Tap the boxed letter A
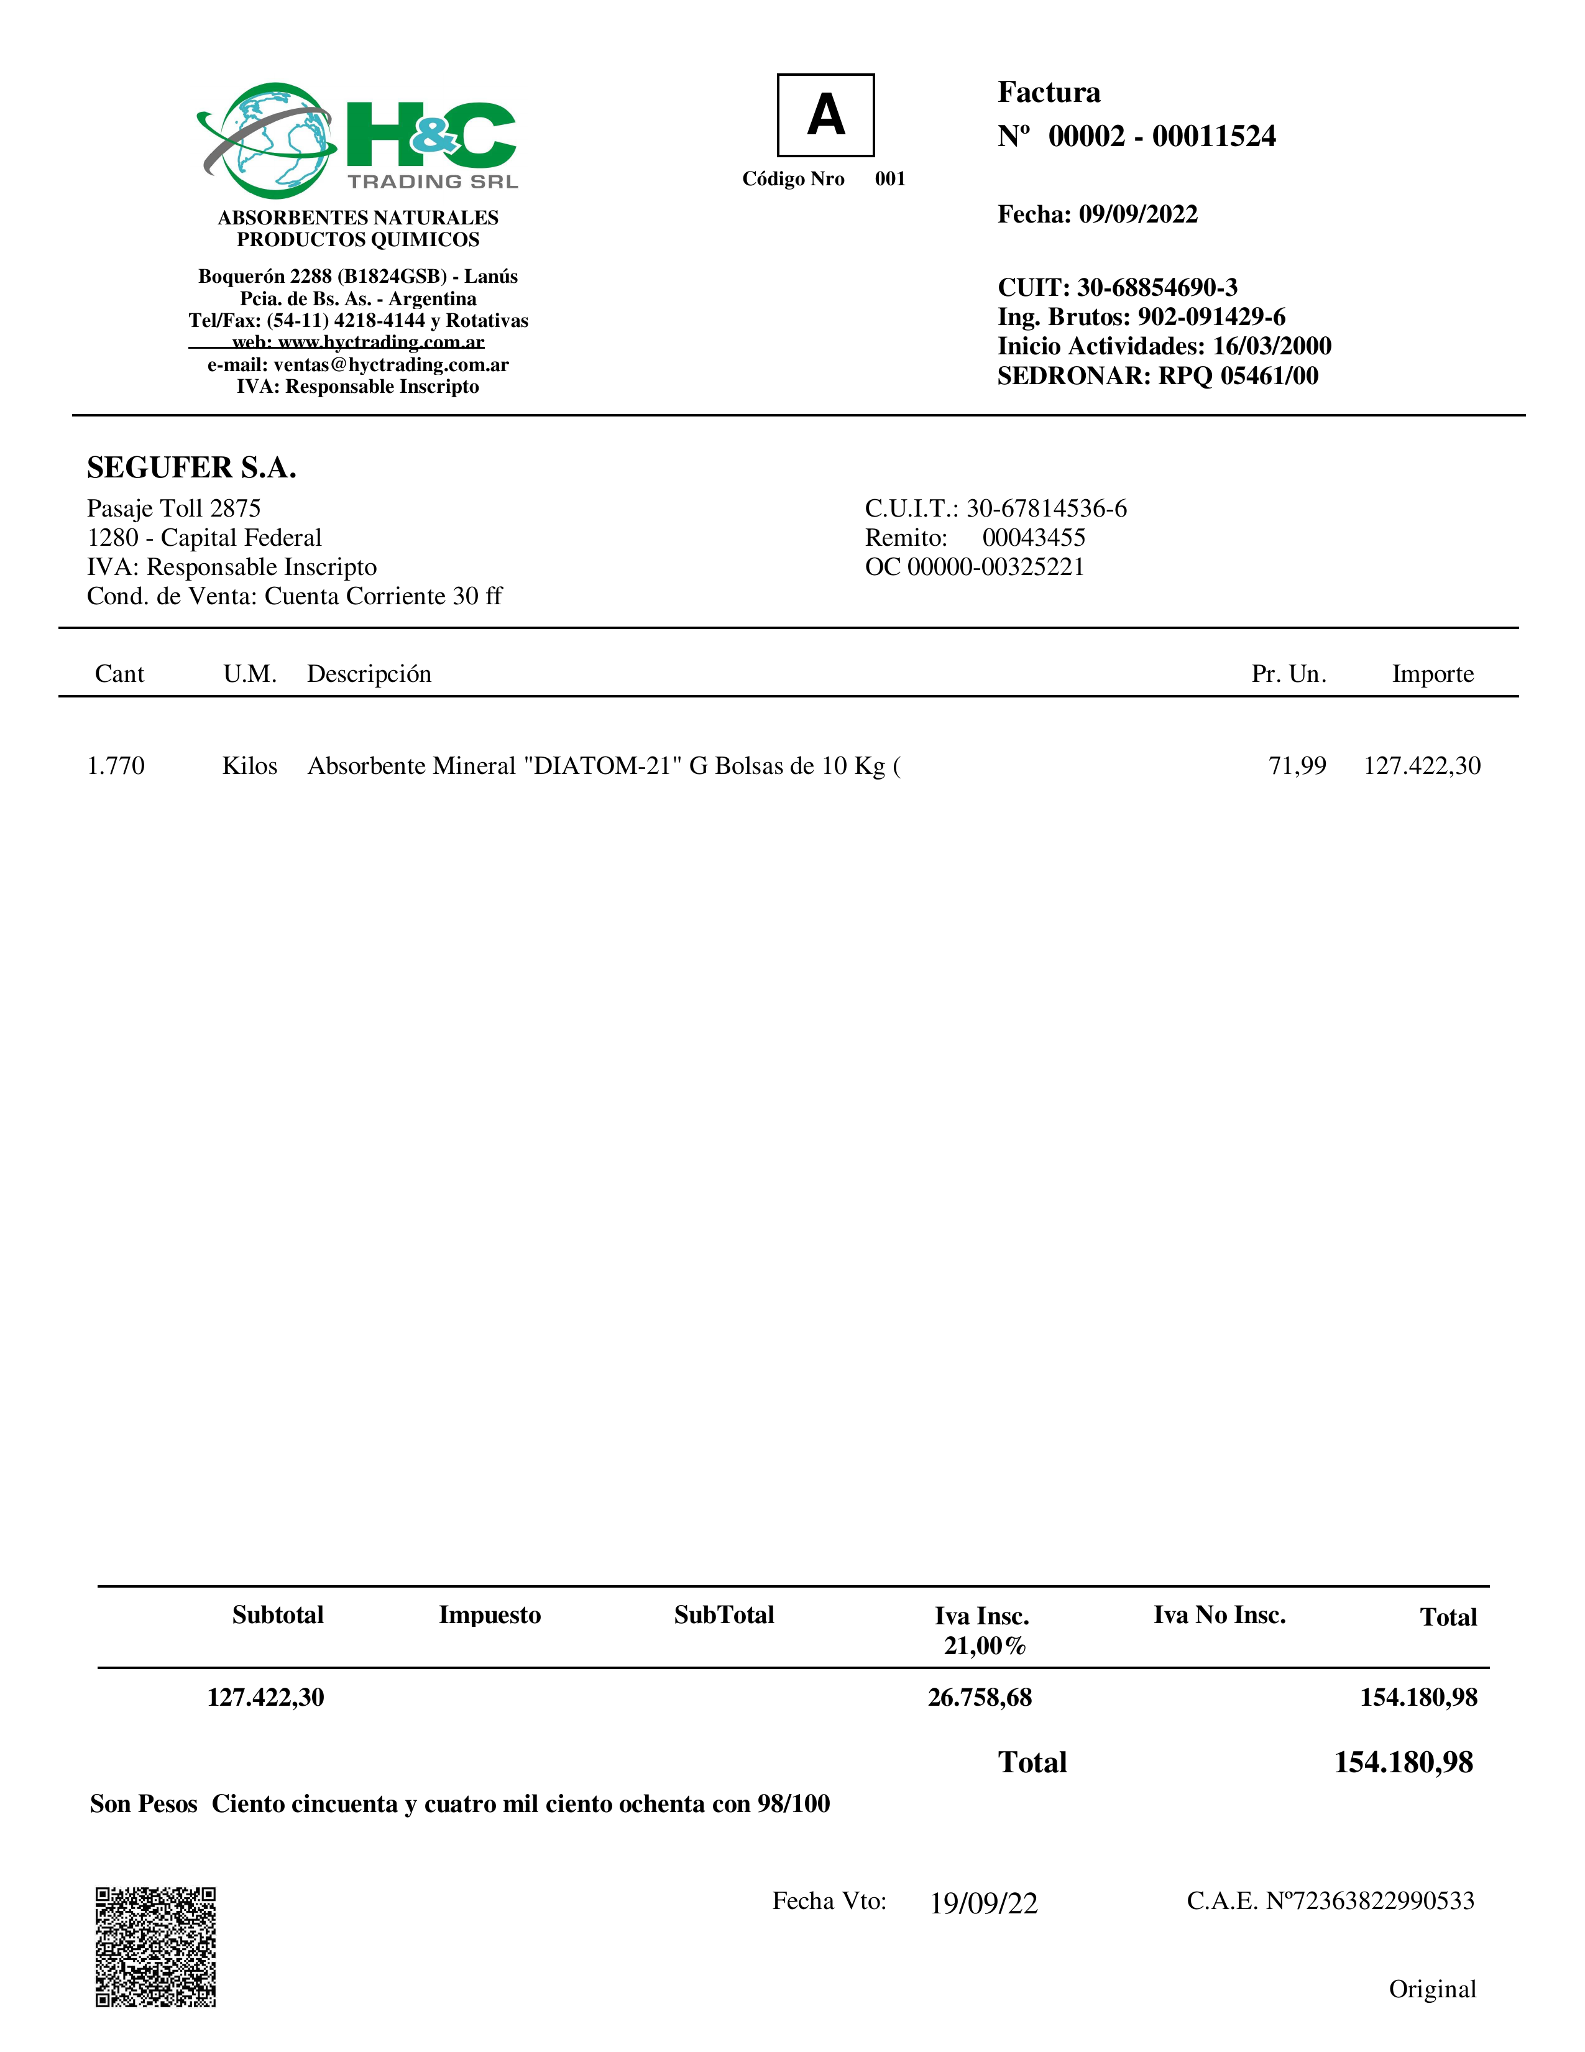(x=825, y=114)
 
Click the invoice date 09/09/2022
(x=1137, y=214)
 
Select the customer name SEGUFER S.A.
(x=191, y=467)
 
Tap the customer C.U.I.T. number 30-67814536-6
(x=1045, y=508)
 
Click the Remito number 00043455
(x=1034, y=538)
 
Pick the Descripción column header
(x=369, y=674)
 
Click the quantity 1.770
(x=116, y=766)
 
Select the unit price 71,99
(x=1297, y=766)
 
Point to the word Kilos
(x=250, y=766)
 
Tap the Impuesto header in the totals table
(x=490, y=1614)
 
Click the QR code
(x=156, y=1947)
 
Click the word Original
(x=1432, y=1989)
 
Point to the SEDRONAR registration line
(x=1157, y=376)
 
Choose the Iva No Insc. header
(x=1218, y=1614)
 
